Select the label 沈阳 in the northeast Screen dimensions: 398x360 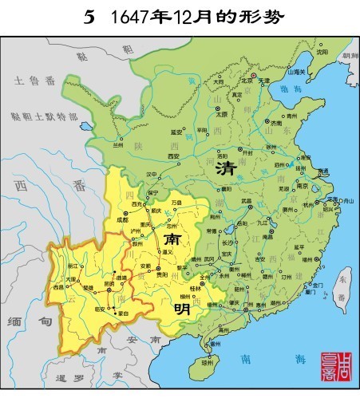point(322,52)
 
